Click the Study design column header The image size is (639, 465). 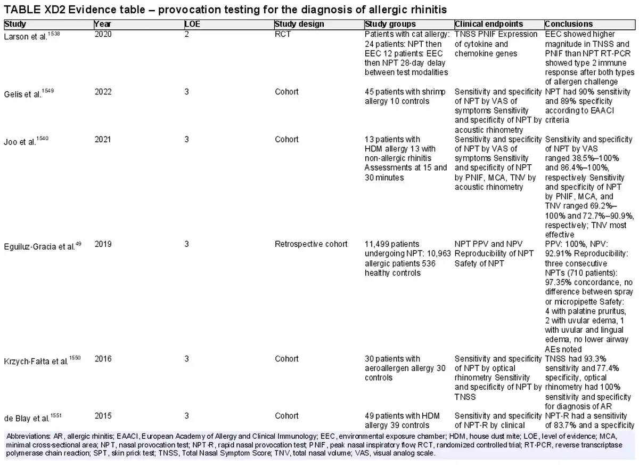pos(299,24)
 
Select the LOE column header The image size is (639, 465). pos(192,24)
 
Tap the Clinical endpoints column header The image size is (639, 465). pos(489,24)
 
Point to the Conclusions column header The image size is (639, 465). pos(569,24)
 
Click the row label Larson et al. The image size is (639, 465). pos(31,36)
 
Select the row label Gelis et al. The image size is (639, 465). pos(29,93)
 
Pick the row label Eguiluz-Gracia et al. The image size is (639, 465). pos(43,246)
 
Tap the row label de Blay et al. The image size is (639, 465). pos(32,418)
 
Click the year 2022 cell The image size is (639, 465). pos(103,92)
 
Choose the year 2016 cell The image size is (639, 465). pos(103,359)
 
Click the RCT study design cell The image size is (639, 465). pos(282,34)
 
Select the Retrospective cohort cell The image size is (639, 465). pos(311,244)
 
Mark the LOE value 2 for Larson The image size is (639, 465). pos(186,34)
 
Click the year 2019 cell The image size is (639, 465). pos(103,244)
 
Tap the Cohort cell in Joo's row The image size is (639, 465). pos(286,139)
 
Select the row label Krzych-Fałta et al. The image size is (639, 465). pos(42,360)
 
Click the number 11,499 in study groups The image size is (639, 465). pos(376,244)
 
